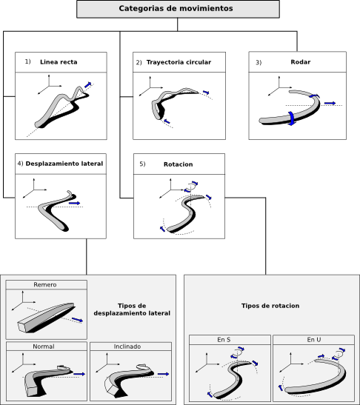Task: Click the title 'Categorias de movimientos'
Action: (x=176, y=9)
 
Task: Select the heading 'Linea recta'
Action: (x=59, y=62)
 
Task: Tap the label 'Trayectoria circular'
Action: (x=179, y=62)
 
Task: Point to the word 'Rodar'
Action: (x=301, y=62)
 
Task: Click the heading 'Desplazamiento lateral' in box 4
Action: (x=64, y=164)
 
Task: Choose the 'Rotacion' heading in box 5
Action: (x=178, y=164)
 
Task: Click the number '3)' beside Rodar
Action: (x=259, y=62)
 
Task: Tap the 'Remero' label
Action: (x=45, y=284)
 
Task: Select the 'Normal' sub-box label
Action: (x=44, y=347)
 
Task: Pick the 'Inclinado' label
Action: (x=127, y=347)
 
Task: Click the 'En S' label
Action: (x=224, y=340)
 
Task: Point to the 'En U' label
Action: (x=314, y=340)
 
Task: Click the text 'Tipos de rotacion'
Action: (x=270, y=306)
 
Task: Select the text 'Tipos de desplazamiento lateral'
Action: (x=132, y=309)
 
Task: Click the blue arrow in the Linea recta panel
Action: (x=88, y=84)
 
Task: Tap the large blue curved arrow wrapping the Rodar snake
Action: (x=291, y=118)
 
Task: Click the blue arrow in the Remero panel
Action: (x=77, y=320)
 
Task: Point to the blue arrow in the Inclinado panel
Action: (x=163, y=374)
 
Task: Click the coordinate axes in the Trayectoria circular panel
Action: (x=150, y=87)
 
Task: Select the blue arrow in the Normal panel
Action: (x=79, y=374)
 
